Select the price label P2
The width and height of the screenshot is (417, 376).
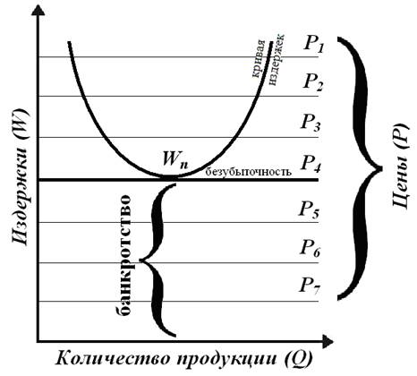point(313,82)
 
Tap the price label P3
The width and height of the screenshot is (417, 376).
point(311,123)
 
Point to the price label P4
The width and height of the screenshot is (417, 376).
point(311,164)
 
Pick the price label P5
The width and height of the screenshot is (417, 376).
point(310,209)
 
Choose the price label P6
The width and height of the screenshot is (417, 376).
point(311,248)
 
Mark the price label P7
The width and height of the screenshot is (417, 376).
point(310,286)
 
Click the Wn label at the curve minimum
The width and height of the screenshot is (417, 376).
point(175,160)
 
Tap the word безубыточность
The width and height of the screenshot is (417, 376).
point(249,171)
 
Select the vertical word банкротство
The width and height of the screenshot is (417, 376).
point(123,254)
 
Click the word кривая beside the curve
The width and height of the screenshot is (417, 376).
point(259,59)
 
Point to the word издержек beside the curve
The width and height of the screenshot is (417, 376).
point(277,60)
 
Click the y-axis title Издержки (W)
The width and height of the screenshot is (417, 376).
point(21,176)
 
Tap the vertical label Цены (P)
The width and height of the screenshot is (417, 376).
point(400,166)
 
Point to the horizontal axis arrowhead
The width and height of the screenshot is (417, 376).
point(327,342)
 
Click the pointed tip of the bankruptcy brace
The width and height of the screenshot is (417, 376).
point(140,261)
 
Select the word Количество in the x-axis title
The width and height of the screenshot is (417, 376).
point(115,357)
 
